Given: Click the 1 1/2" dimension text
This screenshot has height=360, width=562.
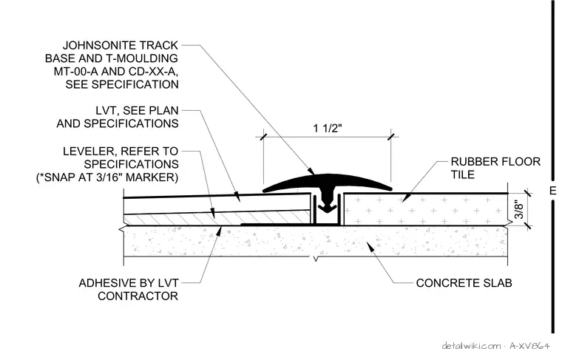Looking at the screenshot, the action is (328, 128).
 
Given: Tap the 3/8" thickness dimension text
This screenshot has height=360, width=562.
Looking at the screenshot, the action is (519, 210).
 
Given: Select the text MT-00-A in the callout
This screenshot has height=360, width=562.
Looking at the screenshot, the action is (75, 72).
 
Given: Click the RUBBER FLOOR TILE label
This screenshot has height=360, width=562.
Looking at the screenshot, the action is (495, 168).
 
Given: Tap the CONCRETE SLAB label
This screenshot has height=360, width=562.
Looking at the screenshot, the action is (464, 283).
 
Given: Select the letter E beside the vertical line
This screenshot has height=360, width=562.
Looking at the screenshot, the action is (553, 191).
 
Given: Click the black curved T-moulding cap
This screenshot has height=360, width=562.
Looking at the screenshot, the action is (328, 182).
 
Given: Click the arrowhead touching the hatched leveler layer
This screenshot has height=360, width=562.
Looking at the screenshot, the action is (214, 218).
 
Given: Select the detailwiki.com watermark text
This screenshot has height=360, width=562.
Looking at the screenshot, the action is (471, 346).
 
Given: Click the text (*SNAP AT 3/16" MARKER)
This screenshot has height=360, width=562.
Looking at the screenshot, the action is (107, 177).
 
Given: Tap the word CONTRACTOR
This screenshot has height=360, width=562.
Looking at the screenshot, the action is (138, 296).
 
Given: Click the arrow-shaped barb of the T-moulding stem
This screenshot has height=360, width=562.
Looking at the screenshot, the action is (327, 207).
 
